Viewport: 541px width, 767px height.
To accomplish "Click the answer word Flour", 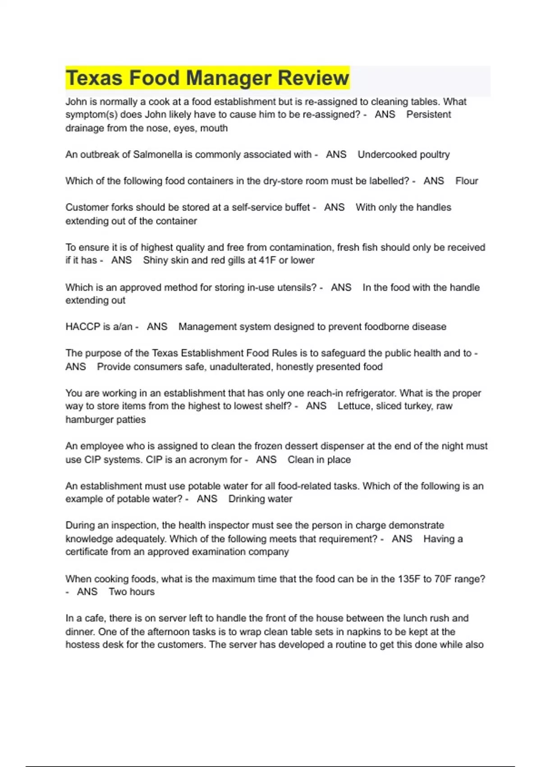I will [x=467, y=181].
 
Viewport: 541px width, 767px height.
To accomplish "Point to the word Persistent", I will [x=428, y=115].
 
